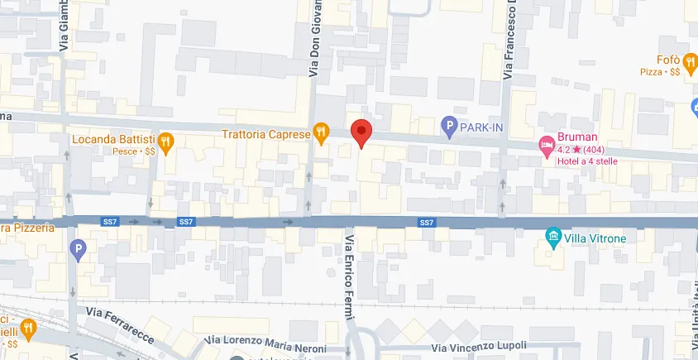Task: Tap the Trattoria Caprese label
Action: [265, 133]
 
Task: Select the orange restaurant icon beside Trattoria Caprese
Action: [321, 133]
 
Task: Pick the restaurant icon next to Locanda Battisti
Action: [166, 142]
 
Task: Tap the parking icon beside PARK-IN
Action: [449, 127]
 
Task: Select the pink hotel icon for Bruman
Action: [547, 145]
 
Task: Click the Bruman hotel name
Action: [576, 138]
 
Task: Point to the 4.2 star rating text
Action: [581, 149]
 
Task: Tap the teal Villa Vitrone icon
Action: [553, 238]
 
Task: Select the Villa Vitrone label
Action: [595, 238]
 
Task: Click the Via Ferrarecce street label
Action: [120, 317]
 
